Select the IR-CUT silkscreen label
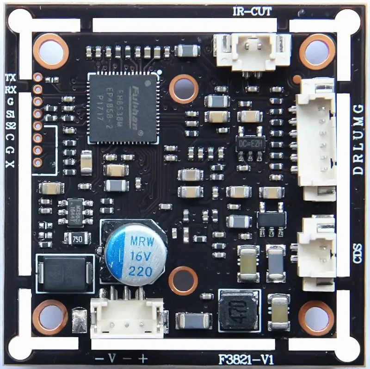click(x=252, y=11)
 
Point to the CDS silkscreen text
click(x=357, y=253)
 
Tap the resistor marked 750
click(x=77, y=239)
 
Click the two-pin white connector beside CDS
click(x=316, y=254)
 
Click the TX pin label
click(x=10, y=77)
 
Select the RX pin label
click(x=10, y=89)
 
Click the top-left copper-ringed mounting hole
click(x=51, y=50)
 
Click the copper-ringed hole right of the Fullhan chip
click(x=184, y=88)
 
